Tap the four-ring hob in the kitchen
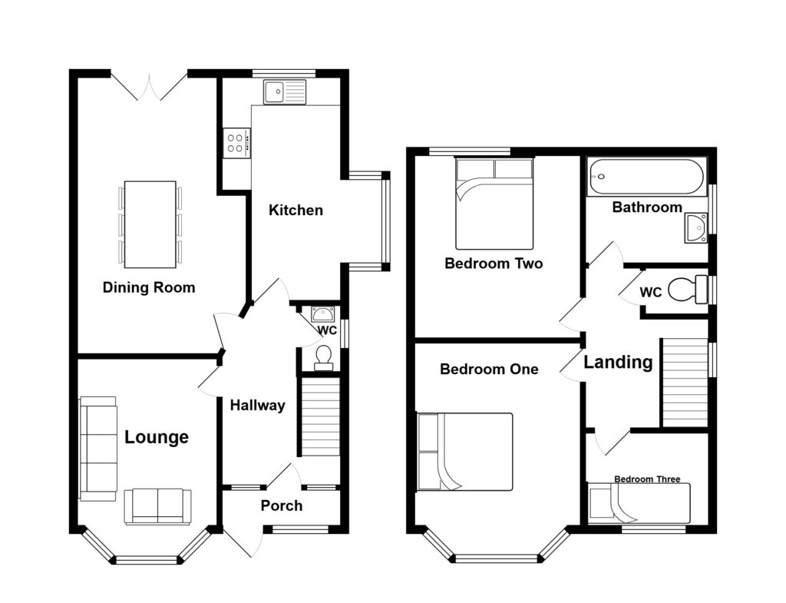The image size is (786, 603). click(x=236, y=142)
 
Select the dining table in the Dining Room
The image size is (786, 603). click(x=150, y=224)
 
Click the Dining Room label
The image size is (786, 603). click(x=149, y=288)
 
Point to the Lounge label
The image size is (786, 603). click(x=157, y=438)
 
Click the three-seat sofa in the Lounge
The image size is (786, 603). click(x=98, y=449)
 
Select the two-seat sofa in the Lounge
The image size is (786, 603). click(x=157, y=506)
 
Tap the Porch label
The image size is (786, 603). click(x=281, y=505)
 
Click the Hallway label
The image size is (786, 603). click(x=258, y=406)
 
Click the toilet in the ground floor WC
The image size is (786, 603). click(x=323, y=357)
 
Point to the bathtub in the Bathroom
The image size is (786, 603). click(x=645, y=177)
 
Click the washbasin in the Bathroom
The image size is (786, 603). click(x=695, y=228)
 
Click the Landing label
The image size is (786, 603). click(x=618, y=362)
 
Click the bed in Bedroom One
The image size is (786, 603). click(x=464, y=452)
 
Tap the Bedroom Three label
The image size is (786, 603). click(x=647, y=479)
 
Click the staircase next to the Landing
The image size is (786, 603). click(x=684, y=382)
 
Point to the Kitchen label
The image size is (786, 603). click(x=296, y=210)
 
